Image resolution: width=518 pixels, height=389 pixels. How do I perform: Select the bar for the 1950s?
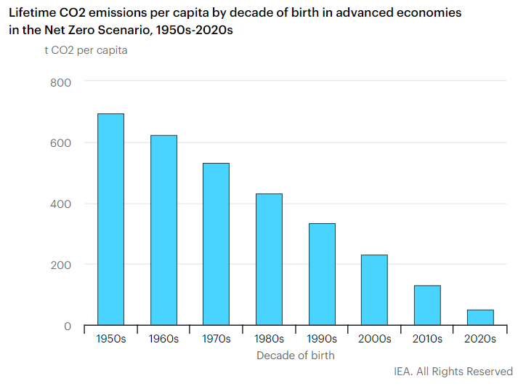click(111, 219)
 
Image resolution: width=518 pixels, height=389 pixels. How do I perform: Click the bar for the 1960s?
click(163, 230)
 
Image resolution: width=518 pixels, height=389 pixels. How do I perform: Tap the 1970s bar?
click(216, 244)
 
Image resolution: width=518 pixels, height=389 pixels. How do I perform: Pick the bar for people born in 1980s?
click(269, 259)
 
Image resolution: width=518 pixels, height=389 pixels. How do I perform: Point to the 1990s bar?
click(322, 274)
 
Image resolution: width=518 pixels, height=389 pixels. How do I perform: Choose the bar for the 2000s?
click(374, 289)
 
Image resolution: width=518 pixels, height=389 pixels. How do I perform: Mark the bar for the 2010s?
click(427, 305)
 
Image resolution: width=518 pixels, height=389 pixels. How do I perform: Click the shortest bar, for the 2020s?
click(480, 317)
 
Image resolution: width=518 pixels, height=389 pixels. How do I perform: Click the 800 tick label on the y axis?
click(61, 82)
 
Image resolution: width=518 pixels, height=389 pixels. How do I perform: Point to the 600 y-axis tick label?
click(61, 143)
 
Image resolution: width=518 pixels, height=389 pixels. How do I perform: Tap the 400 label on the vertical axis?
click(61, 204)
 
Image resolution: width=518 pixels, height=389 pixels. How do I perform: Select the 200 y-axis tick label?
click(61, 265)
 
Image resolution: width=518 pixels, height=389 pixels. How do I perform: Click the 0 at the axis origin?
click(68, 326)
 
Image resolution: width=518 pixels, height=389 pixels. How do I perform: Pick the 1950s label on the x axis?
click(111, 339)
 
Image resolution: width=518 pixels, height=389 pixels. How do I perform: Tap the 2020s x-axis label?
click(480, 339)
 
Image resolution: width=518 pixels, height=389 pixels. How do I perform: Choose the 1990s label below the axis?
click(322, 339)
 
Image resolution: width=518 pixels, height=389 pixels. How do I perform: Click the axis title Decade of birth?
click(296, 356)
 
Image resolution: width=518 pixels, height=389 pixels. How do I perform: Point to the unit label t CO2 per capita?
click(86, 50)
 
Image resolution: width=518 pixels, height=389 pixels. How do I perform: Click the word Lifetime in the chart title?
click(33, 13)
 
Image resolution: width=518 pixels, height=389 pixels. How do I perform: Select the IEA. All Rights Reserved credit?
click(453, 372)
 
